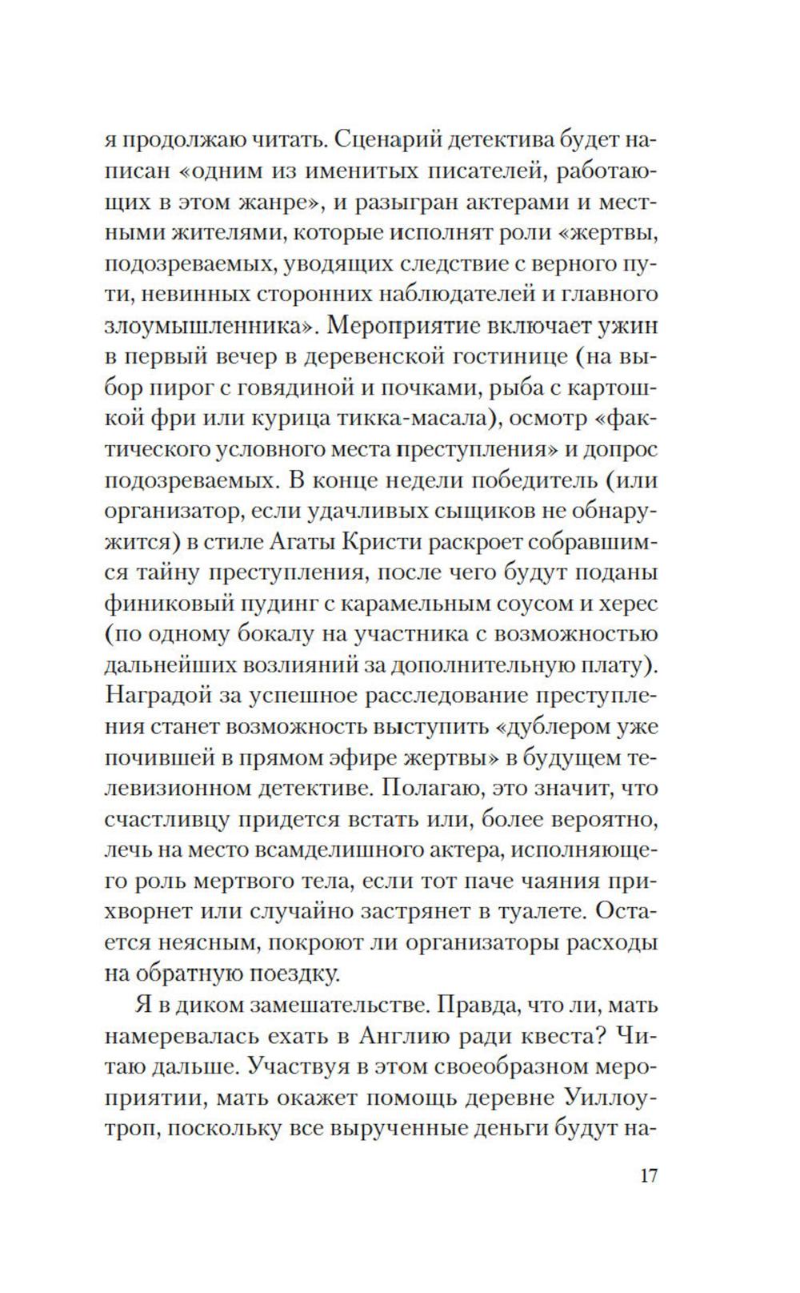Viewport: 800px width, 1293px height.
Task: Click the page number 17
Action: (648, 1176)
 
